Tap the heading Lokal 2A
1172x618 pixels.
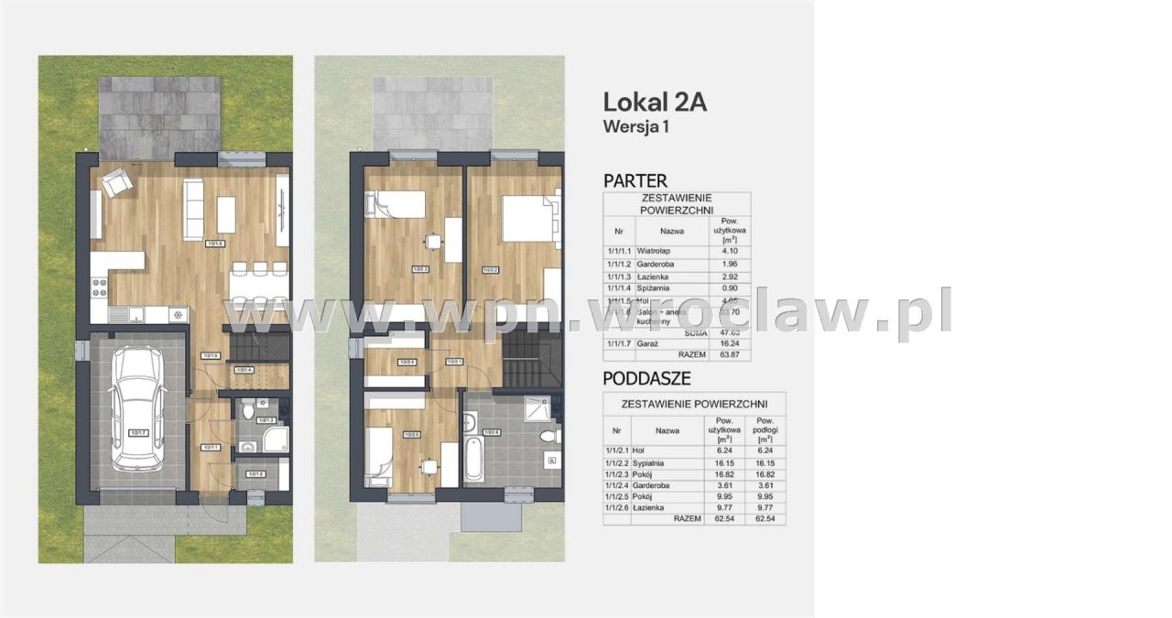(x=655, y=102)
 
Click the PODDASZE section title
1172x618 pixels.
(x=646, y=378)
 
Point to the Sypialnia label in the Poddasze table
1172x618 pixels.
(x=650, y=463)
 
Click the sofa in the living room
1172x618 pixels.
(x=193, y=208)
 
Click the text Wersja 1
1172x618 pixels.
(x=635, y=127)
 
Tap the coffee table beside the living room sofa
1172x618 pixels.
(x=226, y=215)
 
